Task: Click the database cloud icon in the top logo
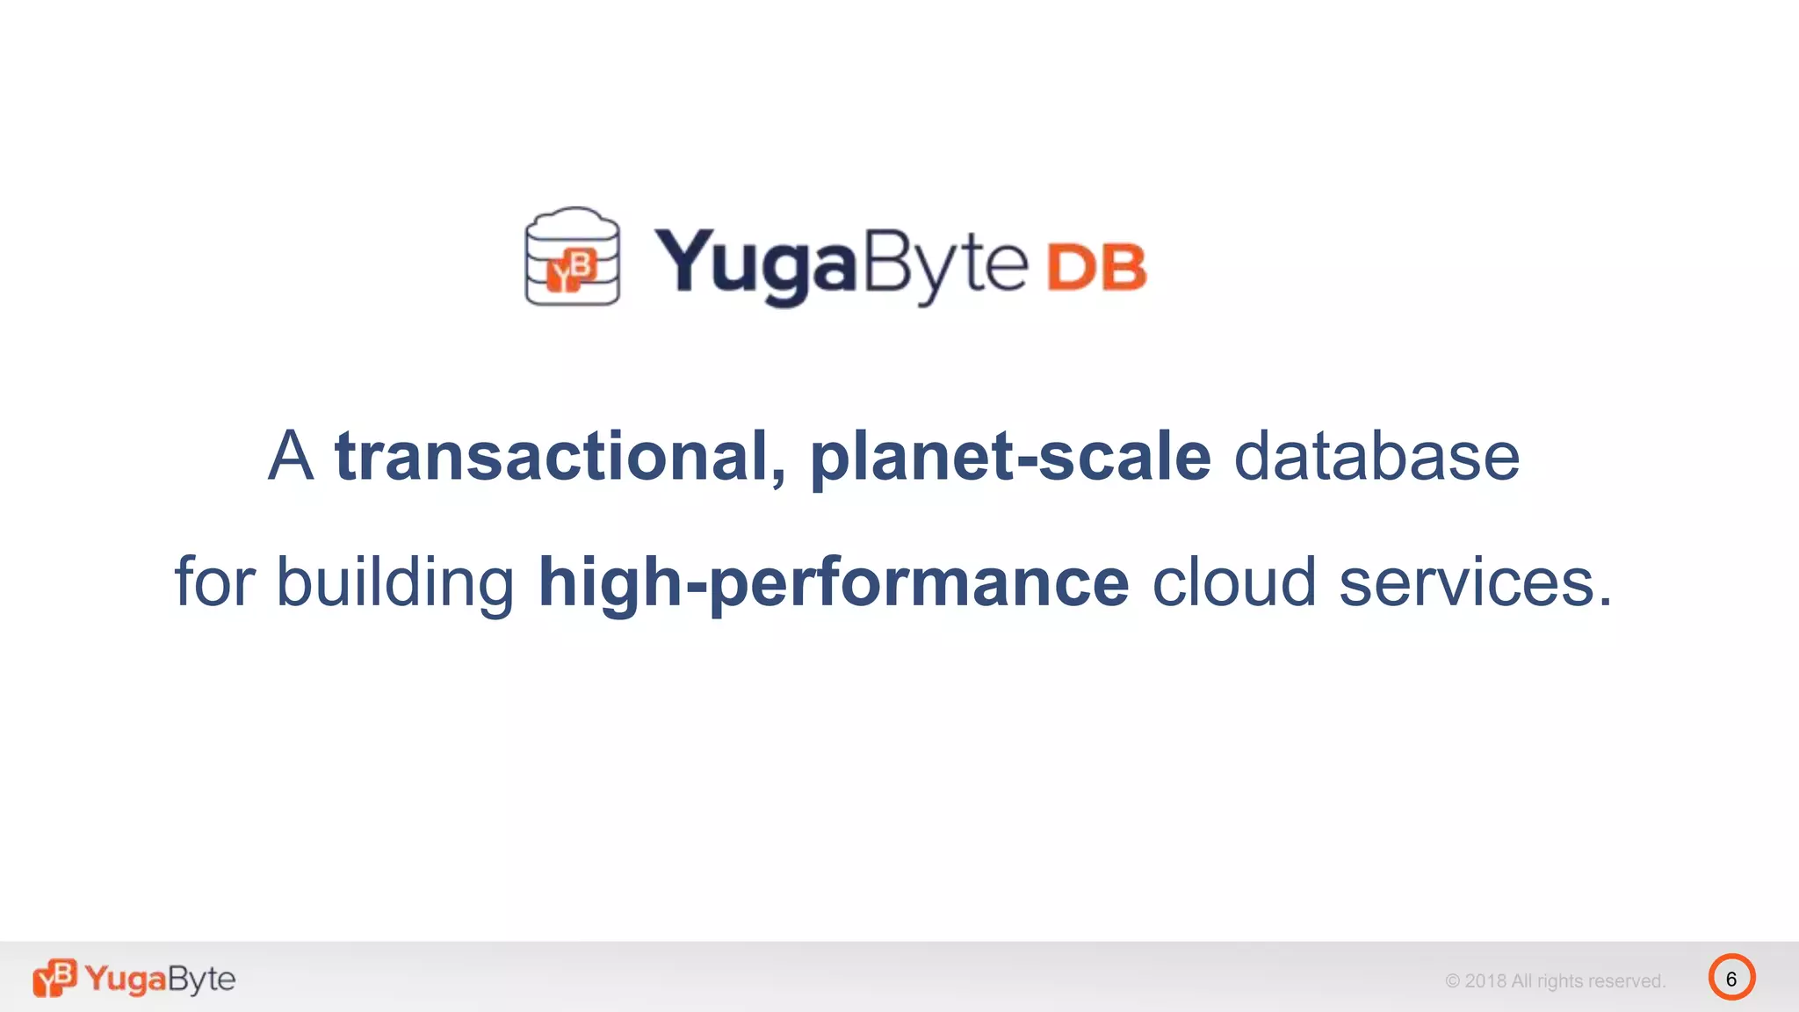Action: coord(572,257)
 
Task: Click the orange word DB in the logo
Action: coord(1096,267)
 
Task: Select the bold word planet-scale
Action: coord(1010,457)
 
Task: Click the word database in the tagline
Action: coord(1376,457)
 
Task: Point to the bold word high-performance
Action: coord(833,583)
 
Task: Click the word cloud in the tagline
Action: coord(1233,583)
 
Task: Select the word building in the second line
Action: coord(395,583)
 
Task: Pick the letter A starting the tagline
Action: coord(291,457)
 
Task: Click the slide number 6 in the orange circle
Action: coord(1731,978)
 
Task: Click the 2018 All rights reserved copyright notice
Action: coord(1555,981)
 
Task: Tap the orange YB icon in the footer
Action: coord(54,978)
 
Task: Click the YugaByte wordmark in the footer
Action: coord(160,979)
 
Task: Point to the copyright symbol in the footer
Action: coord(1453,981)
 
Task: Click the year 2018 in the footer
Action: coord(1485,981)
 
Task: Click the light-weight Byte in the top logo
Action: coord(945,264)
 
